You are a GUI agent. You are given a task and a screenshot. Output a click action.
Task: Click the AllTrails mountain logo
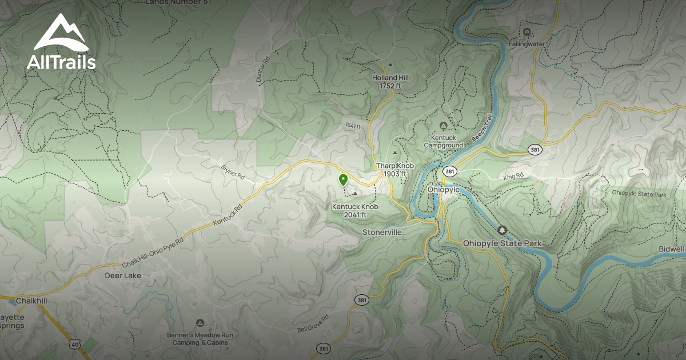61,33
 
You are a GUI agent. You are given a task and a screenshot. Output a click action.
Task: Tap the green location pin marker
342,181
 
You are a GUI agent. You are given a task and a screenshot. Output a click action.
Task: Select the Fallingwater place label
526,43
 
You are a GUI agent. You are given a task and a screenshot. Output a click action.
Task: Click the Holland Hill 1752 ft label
390,81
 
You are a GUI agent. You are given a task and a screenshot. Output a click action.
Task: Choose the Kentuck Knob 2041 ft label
354,210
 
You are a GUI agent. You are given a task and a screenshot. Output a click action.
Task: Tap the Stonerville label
382,233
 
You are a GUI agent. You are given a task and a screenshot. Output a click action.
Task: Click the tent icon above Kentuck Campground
442,126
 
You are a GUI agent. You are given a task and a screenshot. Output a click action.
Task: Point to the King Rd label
513,177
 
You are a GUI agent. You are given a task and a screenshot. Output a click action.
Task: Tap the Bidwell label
671,250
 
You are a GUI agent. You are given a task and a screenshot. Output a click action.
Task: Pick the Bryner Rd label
232,174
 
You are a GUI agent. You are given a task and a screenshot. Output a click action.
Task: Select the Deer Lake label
122,275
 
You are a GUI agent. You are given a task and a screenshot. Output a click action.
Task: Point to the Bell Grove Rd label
313,323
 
